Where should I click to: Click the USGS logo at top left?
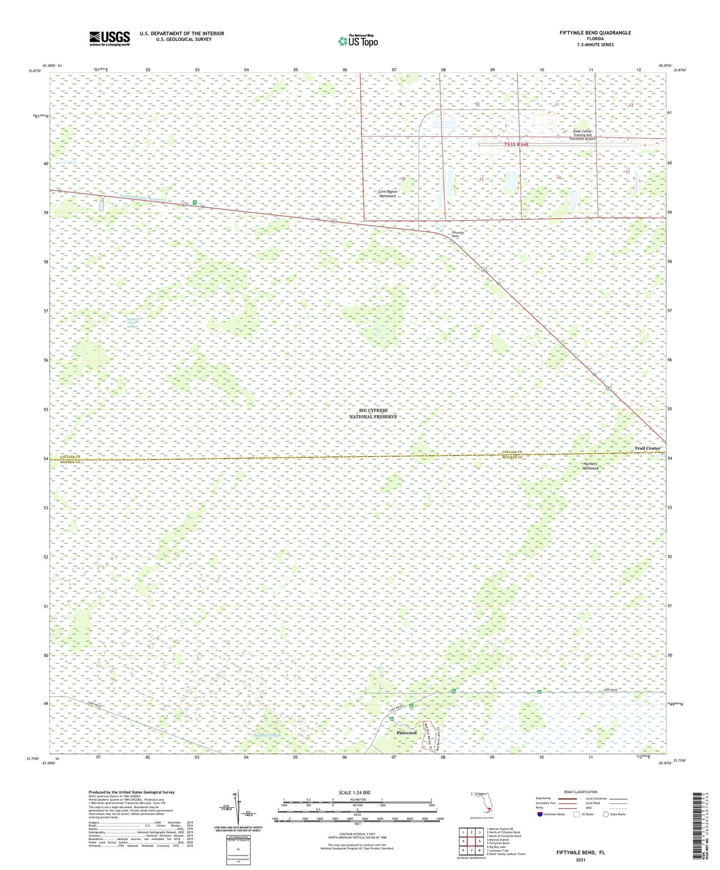tap(110, 38)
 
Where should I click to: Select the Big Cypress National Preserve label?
tap(373, 414)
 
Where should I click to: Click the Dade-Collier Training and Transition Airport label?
tap(582, 135)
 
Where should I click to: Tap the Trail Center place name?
tap(647, 448)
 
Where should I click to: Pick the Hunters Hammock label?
tap(590, 466)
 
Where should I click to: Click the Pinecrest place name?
tap(407, 733)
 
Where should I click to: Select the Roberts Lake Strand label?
tap(132, 322)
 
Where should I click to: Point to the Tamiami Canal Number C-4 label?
tap(145, 198)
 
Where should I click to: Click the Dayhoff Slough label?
tap(267, 735)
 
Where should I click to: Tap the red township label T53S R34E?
tap(516, 145)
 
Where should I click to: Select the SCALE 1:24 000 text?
tap(354, 793)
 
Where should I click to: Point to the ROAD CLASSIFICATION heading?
tap(580, 792)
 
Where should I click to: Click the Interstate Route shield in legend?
tap(540, 814)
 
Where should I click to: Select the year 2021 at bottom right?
tap(580, 860)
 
